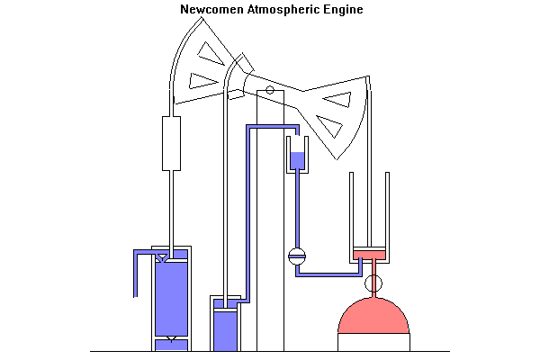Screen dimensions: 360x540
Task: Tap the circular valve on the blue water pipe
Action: [x=297, y=256]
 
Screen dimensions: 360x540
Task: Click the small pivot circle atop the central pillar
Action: [x=270, y=90]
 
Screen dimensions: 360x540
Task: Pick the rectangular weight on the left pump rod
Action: [x=171, y=142]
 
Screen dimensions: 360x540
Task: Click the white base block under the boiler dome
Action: [x=373, y=342]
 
